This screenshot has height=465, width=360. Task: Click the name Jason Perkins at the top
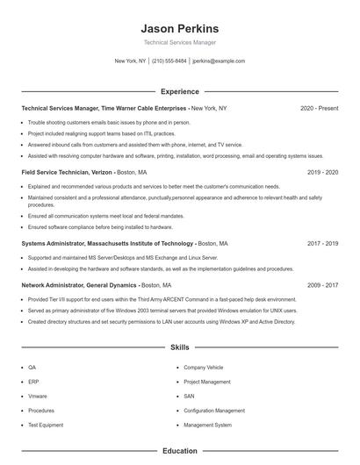pyautogui.click(x=179, y=28)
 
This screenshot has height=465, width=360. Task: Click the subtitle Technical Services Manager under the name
pyautogui.click(x=179, y=42)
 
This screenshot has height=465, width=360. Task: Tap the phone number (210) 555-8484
pyautogui.click(x=169, y=61)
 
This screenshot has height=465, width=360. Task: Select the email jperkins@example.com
pyautogui.click(x=219, y=61)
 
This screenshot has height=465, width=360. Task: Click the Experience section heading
pyautogui.click(x=179, y=91)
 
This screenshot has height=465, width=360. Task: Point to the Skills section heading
pyautogui.click(x=179, y=347)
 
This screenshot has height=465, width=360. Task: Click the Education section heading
pyautogui.click(x=179, y=451)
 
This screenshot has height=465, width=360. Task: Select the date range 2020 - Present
pyautogui.click(x=319, y=108)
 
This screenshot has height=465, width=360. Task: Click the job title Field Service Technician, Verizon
pyautogui.click(x=67, y=173)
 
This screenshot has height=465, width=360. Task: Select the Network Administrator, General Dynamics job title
pyautogui.click(x=79, y=285)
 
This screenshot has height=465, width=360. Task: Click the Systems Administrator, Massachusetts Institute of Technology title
pyautogui.click(x=107, y=243)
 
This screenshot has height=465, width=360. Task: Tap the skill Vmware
pyautogui.click(x=38, y=397)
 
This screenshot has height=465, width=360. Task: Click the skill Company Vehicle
pyautogui.click(x=204, y=368)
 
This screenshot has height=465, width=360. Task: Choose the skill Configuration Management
pyautogui.click(x=214, y=411)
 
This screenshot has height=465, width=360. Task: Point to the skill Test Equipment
pyautogui.click(x=46, y=425)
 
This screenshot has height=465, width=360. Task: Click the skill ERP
pyautogui.click(x=33, y=382)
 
